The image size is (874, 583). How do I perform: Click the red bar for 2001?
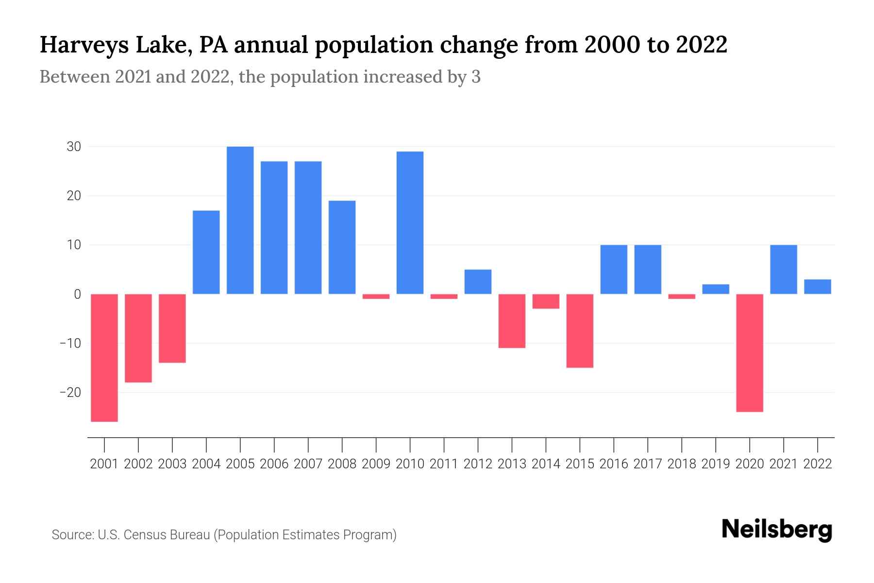(x=104, y=358)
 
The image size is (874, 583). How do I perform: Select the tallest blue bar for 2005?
(x=240, y=220)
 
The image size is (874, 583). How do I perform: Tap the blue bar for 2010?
(x=410, y=223)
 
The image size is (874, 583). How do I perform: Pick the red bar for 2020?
(x=750, y=353)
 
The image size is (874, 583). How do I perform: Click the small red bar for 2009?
(x=376, y=296)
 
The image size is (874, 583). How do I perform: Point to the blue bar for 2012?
(x=478, y=282)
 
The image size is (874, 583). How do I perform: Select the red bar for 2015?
(x=580, y=331)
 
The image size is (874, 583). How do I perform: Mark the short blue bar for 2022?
(x=818, y=287)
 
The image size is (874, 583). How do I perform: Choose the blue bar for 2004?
(x=206, y=252)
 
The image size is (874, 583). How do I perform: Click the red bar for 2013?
(x=512, y=321)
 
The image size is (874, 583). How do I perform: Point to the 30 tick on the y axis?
(x=74, y=147)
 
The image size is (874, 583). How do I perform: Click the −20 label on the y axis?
(x=70, y=393)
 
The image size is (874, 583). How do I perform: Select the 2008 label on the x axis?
(x=342, y=464)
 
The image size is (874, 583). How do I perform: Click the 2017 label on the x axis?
(x=648, y=464)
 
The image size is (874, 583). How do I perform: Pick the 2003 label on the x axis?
(x=172, y=464)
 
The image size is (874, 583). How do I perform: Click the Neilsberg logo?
(x=777, y=530)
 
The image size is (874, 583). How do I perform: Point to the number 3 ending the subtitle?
(x=476, y=77)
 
